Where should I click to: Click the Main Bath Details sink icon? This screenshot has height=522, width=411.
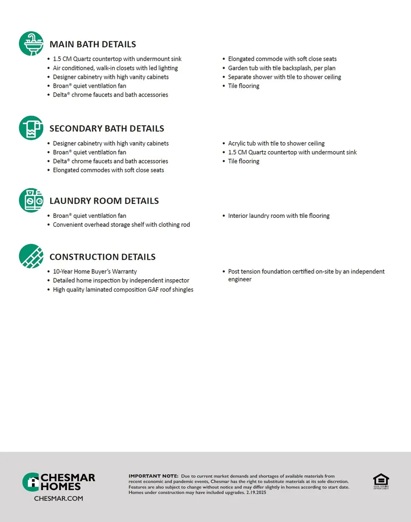[31, 43]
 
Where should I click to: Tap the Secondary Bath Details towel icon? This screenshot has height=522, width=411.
[31, 128]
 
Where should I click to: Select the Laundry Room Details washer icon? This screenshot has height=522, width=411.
[31, 200]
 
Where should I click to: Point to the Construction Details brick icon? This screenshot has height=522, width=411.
[31, 256]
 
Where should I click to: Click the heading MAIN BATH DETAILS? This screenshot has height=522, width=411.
[93, 44]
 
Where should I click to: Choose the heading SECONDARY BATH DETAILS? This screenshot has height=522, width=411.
[107, 129]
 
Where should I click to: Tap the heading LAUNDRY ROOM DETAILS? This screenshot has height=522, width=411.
[104, 201]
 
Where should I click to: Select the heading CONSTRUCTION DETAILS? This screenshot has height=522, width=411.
[103, 257]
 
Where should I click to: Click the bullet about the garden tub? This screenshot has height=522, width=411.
[281, 68]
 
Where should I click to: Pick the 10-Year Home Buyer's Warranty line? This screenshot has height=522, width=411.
[95, 272]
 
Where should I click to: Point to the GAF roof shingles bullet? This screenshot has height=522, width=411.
[123, 290]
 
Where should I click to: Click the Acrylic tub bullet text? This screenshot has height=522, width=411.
[276, 144]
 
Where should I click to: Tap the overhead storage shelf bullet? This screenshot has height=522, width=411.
[121, 225]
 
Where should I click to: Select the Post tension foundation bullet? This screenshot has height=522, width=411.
[306, 275]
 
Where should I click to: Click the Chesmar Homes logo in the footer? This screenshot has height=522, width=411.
[59, 482]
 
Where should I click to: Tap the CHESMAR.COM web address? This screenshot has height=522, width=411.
[58, 498]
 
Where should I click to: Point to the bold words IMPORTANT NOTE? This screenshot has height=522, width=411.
[153, 476]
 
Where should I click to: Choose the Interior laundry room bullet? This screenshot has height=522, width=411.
[278, 216]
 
